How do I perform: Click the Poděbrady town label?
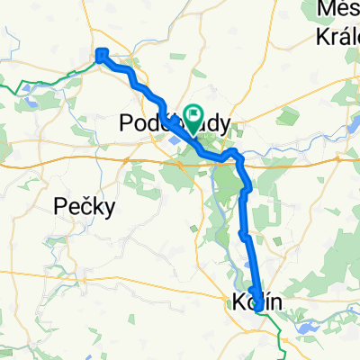(x=175, y=124)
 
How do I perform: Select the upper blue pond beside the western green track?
(x=29, y=88)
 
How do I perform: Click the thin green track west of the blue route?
(x=54, y=79)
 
